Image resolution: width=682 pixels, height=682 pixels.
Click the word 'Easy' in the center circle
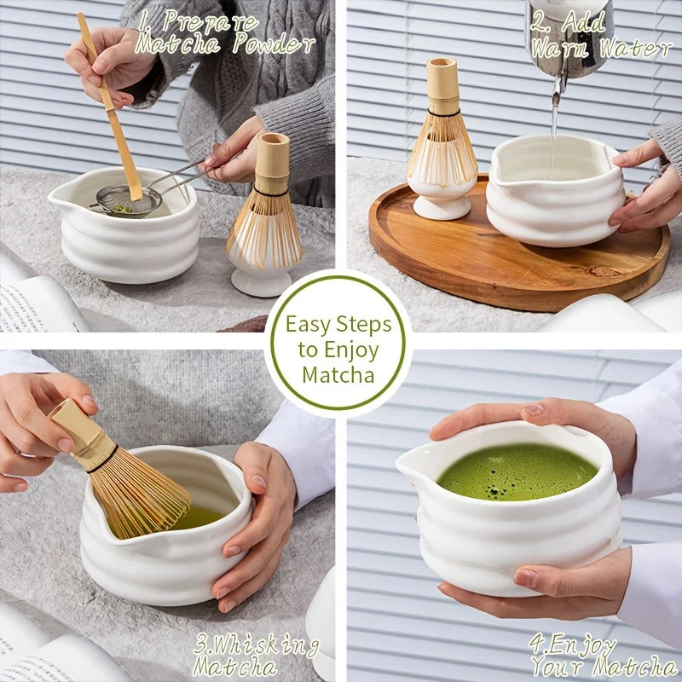[310, 324]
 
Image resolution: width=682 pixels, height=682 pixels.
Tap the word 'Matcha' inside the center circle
[338, 374]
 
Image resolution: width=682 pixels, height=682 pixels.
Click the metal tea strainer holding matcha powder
[127, 202]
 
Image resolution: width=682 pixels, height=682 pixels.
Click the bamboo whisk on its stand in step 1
[265, 213]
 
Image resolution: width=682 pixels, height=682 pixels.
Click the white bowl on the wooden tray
[552, 192]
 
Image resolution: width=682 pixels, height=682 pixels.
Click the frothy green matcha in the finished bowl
[517, 471]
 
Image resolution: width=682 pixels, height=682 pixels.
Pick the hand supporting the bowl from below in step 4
[546, 588]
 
